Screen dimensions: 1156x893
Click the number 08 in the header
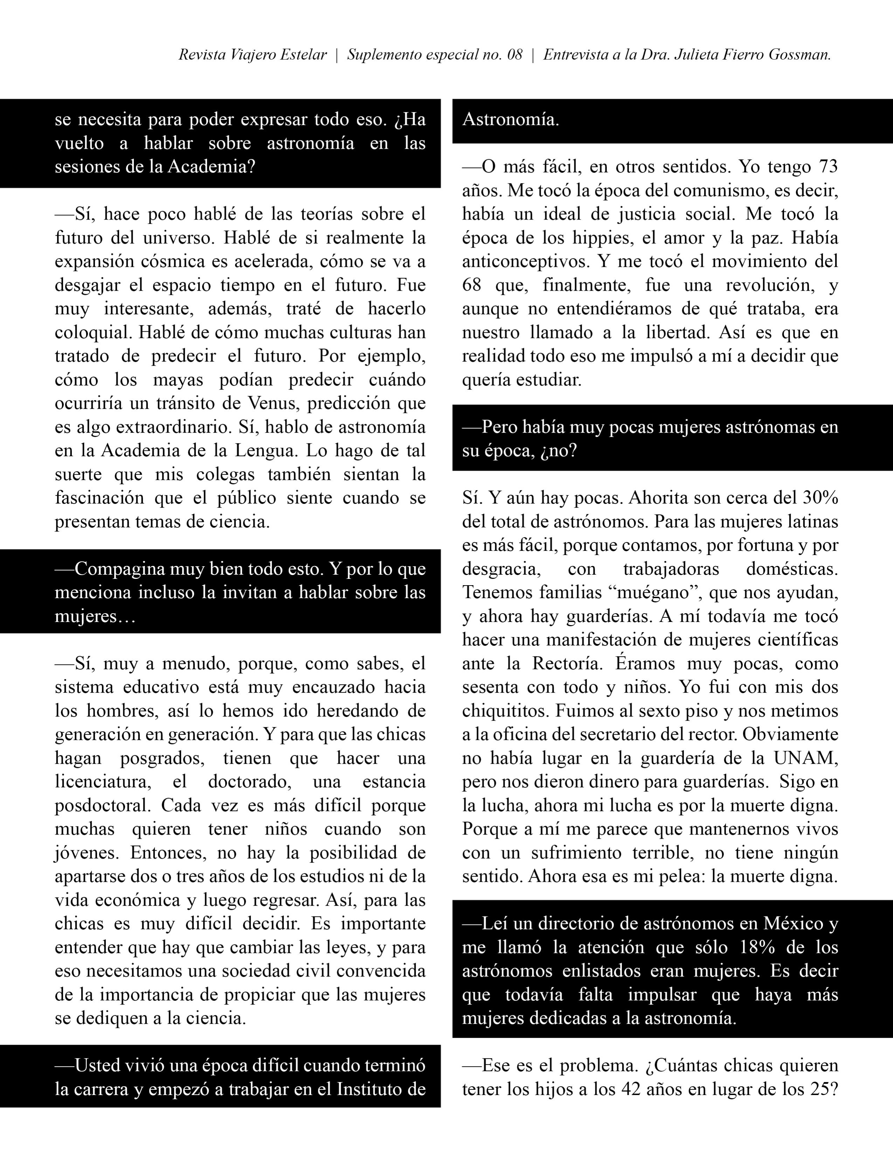pos(514,55)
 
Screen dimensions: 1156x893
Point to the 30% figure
pos(820,498)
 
